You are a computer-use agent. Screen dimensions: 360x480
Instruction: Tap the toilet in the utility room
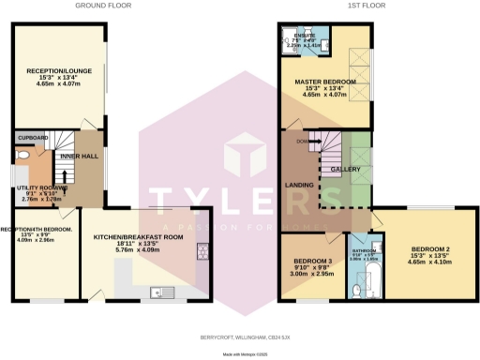pos(22,157)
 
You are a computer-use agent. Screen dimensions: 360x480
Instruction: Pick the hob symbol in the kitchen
pos(202,252)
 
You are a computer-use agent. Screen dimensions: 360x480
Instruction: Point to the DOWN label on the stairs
pos(302,142)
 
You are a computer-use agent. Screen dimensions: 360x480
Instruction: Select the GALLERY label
pos(346,169)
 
